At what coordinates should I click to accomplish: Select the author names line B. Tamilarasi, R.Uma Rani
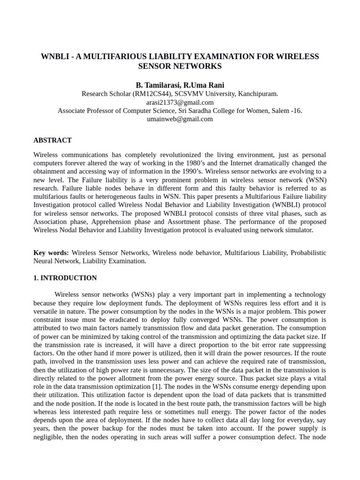point(180,85)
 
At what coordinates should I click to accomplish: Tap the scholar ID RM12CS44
point(152,94)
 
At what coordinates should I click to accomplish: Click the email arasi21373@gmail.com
point(180,102)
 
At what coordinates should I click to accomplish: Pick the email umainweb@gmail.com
point(180,119)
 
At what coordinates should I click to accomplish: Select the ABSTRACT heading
point(52,140)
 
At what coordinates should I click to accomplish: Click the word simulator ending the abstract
point(299,231)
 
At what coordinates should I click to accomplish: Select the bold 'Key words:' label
point(51,253)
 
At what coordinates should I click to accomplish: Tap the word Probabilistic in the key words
point(308,253)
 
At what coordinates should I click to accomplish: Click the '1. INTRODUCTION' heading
point(65,278)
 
